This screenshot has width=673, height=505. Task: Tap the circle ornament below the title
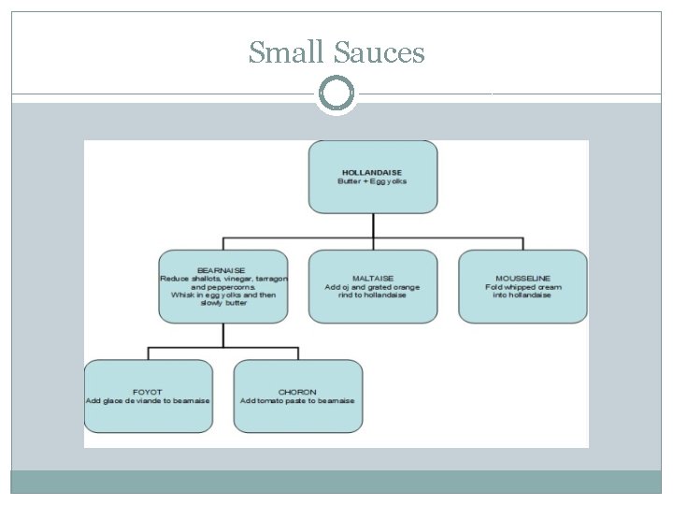coord(336,94)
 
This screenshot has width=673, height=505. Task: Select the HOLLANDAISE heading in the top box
coord(373,172)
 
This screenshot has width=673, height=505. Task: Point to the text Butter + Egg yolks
coord(373,181)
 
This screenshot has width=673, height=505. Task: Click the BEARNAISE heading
coord(223,269)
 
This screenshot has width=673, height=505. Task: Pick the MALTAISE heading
coord(373,278)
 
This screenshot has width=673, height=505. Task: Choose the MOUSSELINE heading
coord(523,278)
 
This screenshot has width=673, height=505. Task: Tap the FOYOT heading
coord(148,392)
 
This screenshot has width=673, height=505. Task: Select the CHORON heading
coord(297,392)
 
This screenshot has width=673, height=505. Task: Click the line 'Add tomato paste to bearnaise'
coord(297,401)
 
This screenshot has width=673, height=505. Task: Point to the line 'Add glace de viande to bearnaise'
coord(148,401)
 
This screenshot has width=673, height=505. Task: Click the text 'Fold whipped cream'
coord(523,287)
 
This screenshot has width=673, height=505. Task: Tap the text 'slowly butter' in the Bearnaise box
coord(223,303)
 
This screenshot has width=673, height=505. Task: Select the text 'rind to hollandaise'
coord(373,296)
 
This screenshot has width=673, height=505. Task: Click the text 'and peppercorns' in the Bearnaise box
coord(223,286)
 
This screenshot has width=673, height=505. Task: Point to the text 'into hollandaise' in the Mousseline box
coord(523,296)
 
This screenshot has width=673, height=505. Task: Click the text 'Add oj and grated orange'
coord(373,287)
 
